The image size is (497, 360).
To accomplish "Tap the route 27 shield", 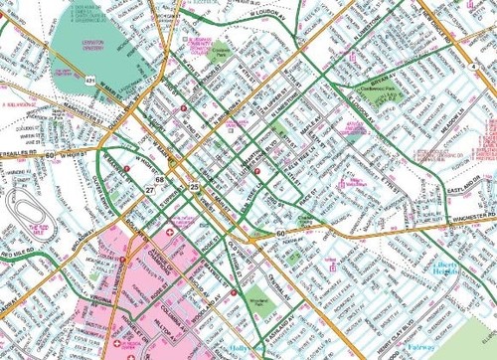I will pos(149,188).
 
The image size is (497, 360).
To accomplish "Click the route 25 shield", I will pos(195,187).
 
